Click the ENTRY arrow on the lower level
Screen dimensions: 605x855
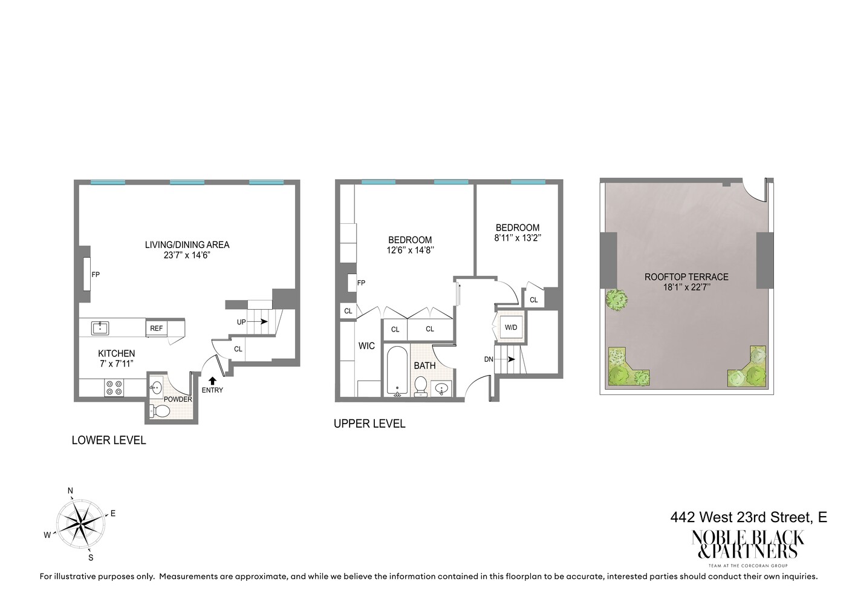[212, 380]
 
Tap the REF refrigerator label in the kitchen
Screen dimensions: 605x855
[156, 329]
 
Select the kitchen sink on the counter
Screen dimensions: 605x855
[100, 328]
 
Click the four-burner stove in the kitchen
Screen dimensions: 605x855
[114, 388]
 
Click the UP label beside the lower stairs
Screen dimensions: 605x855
[241, 322]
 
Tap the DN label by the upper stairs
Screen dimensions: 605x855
[489, 359]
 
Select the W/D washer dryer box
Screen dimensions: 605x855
[511, 327]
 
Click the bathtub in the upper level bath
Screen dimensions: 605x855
[397, 370]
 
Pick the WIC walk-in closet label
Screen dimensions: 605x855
[366, 346]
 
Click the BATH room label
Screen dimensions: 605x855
[424, 365]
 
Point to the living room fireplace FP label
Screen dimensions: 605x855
[96, 275]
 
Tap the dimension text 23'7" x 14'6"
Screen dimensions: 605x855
[187, 255]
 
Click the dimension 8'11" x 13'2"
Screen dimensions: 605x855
[517, 238]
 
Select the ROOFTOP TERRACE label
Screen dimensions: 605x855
[686, 277]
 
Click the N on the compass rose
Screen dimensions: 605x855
[70, 491]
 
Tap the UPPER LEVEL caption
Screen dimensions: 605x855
[369, 423]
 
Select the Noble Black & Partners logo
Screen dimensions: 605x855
[748, 545]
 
